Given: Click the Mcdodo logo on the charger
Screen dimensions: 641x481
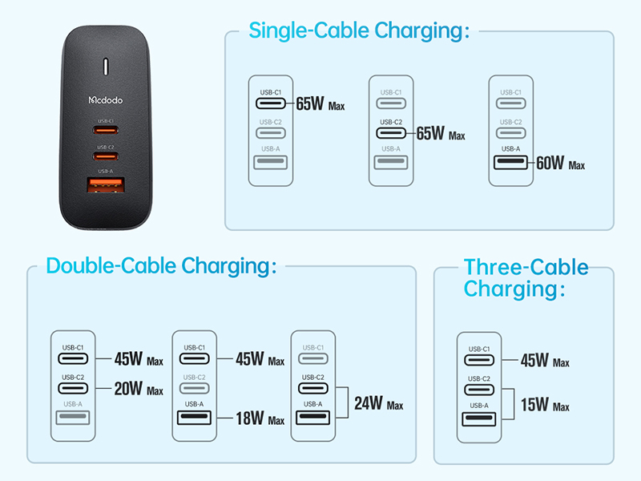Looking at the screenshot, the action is click(106, 99).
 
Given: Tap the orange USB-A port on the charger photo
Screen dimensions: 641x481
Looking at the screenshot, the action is click(106, 185).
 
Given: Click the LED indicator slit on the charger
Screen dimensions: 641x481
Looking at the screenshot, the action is click(106, 67).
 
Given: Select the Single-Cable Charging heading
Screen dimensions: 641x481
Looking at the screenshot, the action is click(359, 30).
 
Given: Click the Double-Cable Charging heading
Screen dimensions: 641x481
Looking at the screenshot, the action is click(162, 266).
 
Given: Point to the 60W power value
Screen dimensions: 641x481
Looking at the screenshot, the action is click(550, 163).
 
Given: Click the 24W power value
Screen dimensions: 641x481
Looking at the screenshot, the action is click(369, 403).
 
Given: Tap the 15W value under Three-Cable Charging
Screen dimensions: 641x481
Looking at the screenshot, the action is click(534, 405).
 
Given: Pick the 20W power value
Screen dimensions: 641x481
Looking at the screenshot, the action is click(128, 389).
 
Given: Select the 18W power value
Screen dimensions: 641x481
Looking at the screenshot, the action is click(250, 418).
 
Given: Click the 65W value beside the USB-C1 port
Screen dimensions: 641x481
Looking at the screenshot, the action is click(310, 103).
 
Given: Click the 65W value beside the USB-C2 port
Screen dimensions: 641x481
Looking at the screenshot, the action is click(430, 133).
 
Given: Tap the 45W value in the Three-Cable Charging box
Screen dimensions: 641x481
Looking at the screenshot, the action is click(534, 360).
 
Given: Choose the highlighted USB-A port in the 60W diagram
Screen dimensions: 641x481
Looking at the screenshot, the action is click(510, 163).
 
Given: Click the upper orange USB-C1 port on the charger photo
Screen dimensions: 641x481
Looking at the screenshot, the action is click(106, 131).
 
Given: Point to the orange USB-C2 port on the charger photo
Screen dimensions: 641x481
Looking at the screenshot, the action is click(106, 156).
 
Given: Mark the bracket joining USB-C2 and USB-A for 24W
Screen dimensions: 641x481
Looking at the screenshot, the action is click(348, 402).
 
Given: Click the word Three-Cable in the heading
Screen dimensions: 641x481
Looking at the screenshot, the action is click(526, 267).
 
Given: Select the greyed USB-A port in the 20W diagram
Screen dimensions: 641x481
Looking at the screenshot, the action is click(73, 418).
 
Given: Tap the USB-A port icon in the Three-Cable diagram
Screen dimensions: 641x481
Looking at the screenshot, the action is click(478, 419).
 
